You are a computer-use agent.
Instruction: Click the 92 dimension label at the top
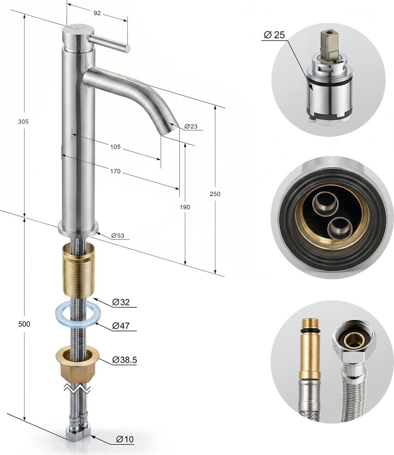[97, 13]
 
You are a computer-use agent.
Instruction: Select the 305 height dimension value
[24, 122]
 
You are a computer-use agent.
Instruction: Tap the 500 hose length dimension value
[24, 324]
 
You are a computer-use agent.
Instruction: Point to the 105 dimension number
[115, 147]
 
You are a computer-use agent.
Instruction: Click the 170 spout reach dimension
[115, 171]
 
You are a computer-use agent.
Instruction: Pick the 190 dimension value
[185, 207]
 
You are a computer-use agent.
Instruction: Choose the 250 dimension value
[215, 194]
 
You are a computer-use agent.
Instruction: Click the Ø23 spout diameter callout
[191, 126]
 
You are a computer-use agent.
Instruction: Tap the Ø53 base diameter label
[117, 236]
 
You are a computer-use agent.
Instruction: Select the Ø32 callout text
[121, 302]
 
